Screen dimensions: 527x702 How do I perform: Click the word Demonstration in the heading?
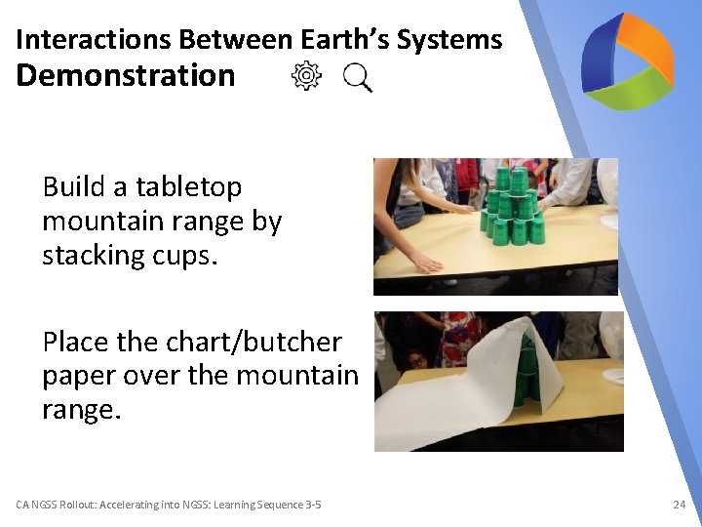[x=126, y=76]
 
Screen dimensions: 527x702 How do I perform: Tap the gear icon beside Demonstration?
[x=306, y=76]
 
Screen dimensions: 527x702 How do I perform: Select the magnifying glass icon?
[x=358, y=77]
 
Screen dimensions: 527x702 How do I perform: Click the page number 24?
[x=679, y=505]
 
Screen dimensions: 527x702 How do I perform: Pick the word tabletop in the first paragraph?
[x=188, y=187]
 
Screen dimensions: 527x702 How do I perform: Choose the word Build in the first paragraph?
[x=73, y=187]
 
